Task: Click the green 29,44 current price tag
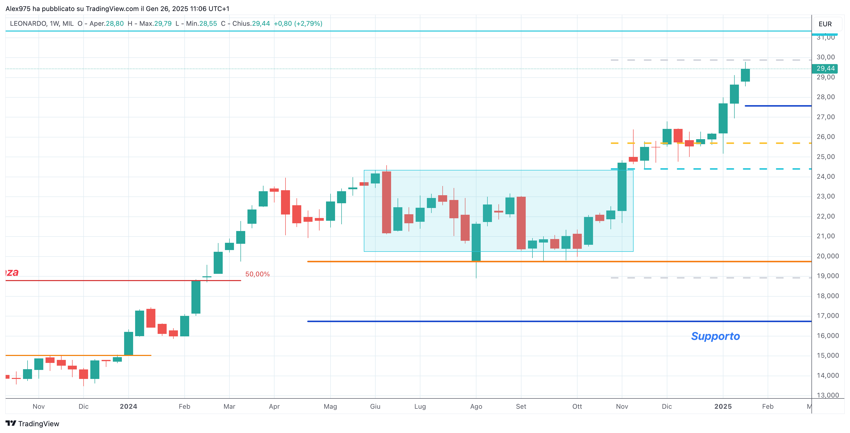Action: coord(825,68)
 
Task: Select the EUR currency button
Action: coord(825,24)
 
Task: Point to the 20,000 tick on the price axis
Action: coord(827,256)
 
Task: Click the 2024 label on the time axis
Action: coord(128,406)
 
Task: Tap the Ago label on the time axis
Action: coord(476,406)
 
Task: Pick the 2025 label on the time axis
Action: coord(723,406)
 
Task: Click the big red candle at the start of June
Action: coord(386,202)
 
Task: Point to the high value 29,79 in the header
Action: coord(163,24)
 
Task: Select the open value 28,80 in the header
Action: coord(115,24)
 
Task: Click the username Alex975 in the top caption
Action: coord(18,9)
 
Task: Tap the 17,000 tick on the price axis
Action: coord(827,316)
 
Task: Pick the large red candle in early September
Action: coord(521,223)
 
